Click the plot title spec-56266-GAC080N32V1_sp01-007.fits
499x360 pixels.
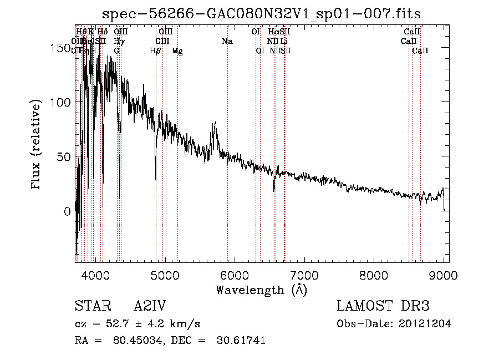pyautogui.click(x=262, y=14)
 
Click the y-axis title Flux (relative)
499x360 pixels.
pyautogui.click(x=37, y=145)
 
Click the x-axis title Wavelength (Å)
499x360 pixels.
pyautogui.click(x=261, y=290)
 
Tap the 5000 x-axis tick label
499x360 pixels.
pyautogui.click(x=165, y=275)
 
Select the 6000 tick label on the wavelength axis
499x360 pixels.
pyautogui.click(x=235, y=275)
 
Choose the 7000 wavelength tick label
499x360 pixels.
pyautogui.click(x=305, y=275)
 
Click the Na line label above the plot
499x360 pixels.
pyautogui.click(x=227, y=42)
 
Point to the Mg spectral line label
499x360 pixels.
pyautogui.click(x=177, y=51)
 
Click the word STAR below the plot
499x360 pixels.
pyautogui.click(x=92, y=307)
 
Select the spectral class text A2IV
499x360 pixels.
pyautogui.click(x=150, y=307)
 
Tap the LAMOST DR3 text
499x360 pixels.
pyautogui.click(x=383, y=307)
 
